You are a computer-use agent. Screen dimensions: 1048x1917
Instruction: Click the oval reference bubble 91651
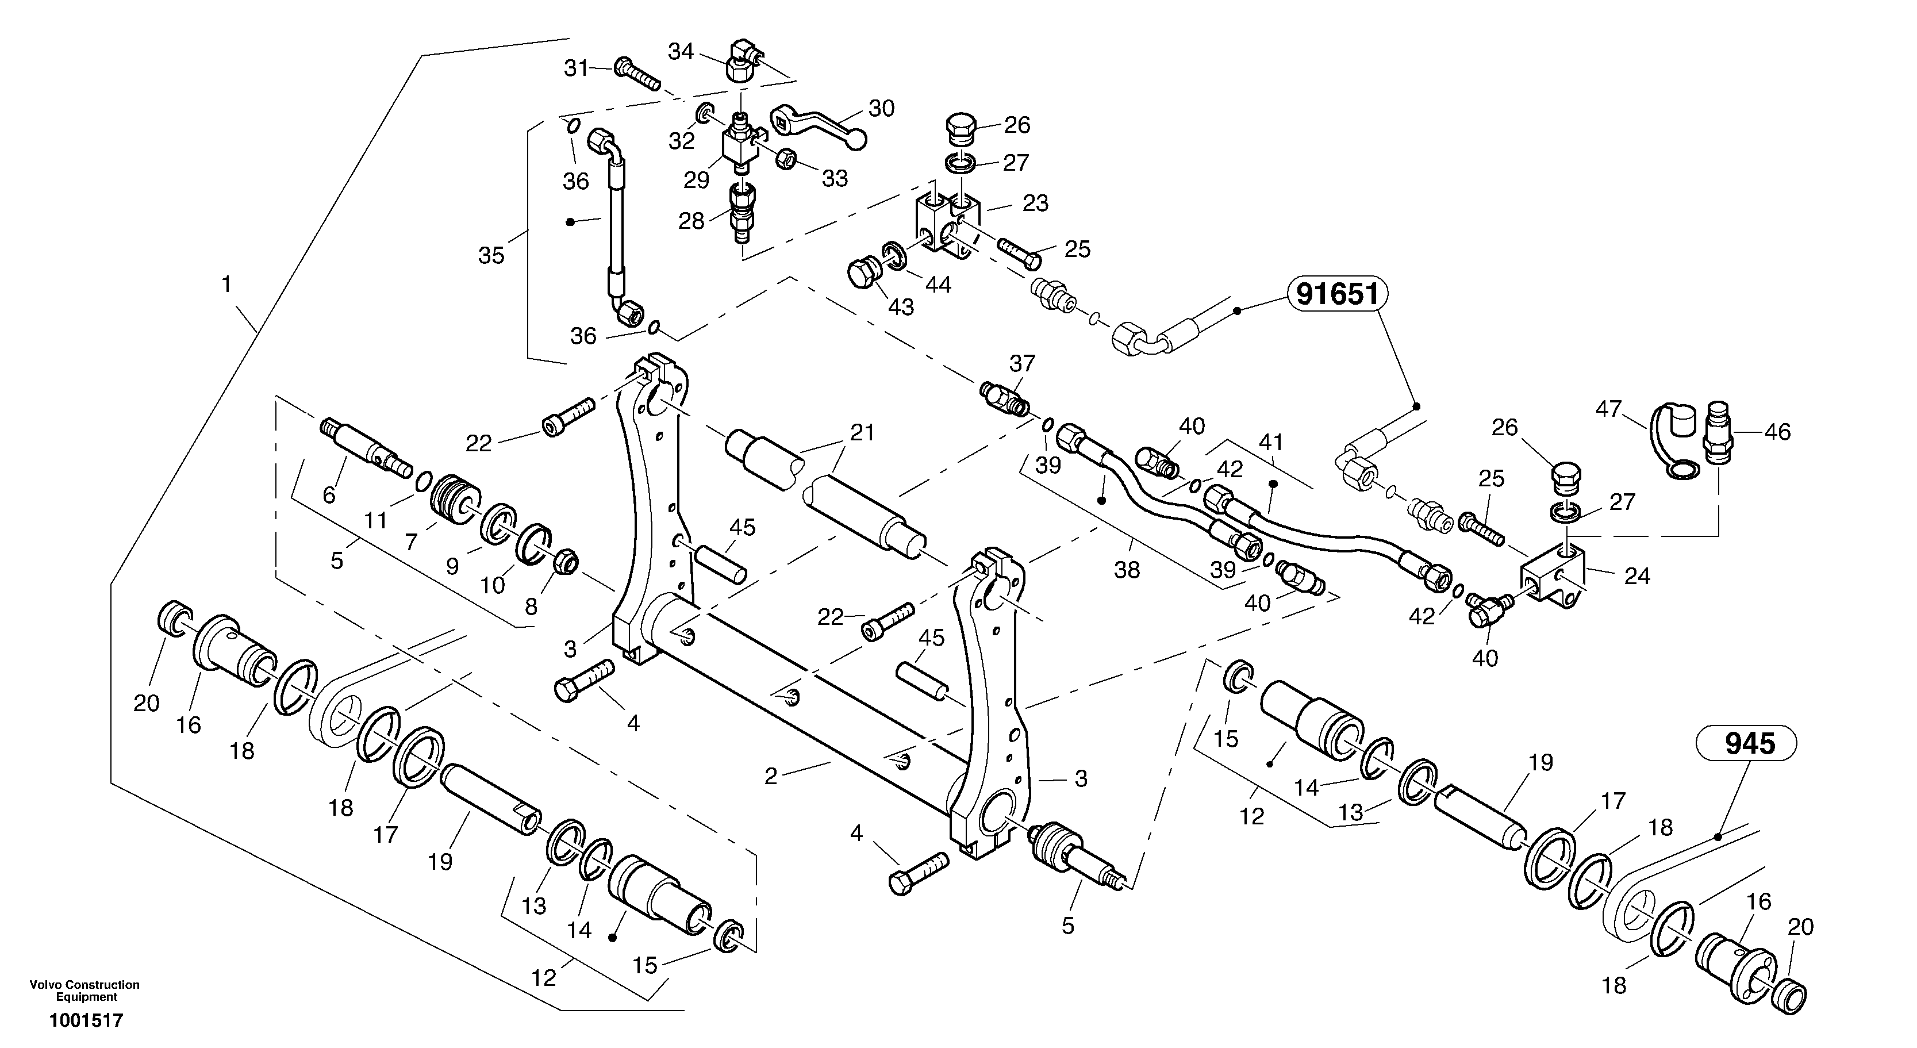1337,295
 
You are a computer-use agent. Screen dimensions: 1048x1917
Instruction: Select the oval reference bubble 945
1750,743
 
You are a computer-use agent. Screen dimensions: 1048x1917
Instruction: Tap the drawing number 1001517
86,1020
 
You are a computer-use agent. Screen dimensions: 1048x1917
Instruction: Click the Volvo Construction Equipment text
85,991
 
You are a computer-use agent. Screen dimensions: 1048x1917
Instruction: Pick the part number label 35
491,255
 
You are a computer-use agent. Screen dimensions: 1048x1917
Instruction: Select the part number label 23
1035,202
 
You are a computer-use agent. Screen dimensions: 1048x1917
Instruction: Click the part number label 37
1023,363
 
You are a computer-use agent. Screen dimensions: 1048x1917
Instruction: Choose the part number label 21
862,432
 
